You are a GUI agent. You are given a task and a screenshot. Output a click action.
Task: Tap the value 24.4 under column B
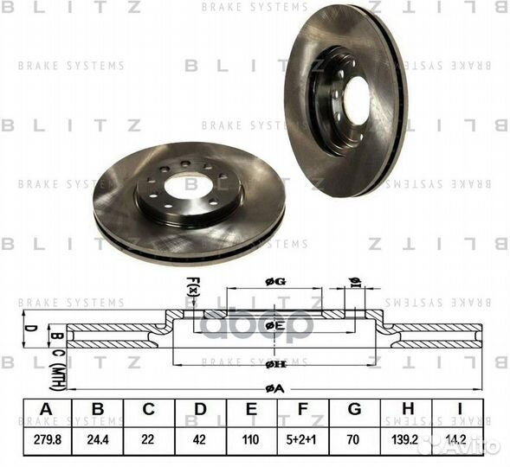pos(97,440)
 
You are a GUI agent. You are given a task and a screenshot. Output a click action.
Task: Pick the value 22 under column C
pos(148,440)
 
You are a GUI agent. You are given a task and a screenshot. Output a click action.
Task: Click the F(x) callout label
pos(192,286)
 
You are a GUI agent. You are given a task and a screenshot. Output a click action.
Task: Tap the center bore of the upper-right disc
pos(358,100)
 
